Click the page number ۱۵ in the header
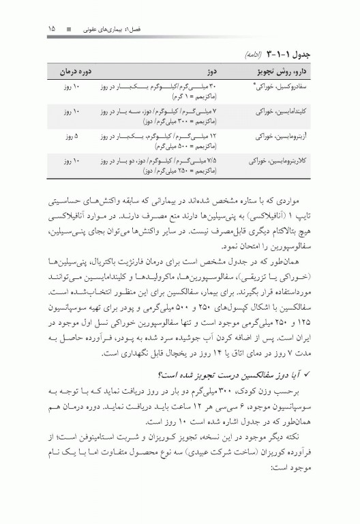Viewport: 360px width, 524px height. pyautogui.click(x=51, y=29)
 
